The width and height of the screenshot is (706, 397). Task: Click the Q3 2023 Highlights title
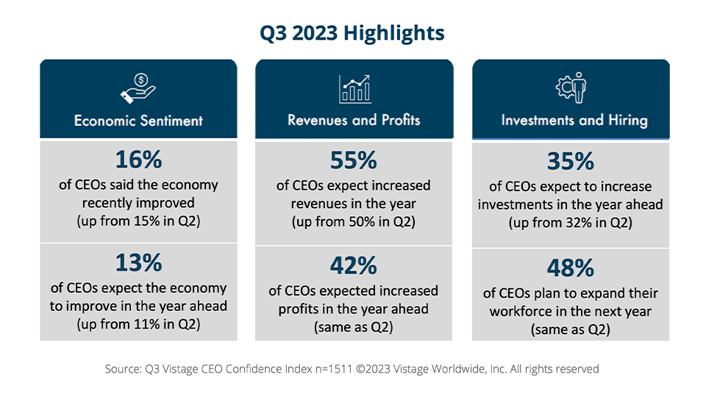coord(352,33)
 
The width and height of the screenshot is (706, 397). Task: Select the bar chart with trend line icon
coord(354,88)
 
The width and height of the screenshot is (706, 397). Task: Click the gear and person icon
coord(571,87)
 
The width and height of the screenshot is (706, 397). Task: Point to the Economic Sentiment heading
coord(138,120)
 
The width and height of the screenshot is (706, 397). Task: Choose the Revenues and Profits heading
coord(354,119)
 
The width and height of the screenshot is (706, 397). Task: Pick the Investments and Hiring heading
coord(571,120)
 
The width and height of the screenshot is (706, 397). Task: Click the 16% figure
coord(138,160)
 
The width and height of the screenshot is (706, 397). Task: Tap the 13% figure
coord(138,263)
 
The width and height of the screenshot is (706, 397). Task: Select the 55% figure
coord(354,160)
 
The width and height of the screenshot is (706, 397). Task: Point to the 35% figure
coord(571,162)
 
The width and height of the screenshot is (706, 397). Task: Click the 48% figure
coord(571,268)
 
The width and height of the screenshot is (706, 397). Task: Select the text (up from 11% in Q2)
coord(138,324)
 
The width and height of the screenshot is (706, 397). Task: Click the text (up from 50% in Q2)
coord(354,221)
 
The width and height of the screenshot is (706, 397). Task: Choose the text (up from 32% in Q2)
coord(571,223)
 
